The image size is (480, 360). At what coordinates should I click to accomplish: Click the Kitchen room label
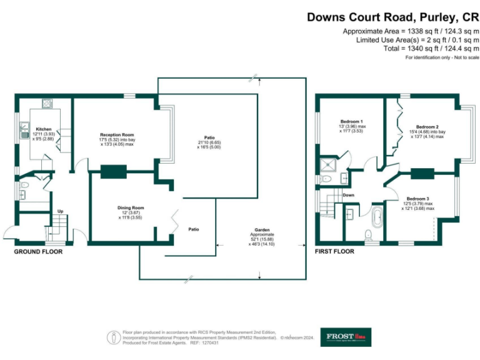coord(44,129)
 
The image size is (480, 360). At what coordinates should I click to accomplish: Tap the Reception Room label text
coord(117,134)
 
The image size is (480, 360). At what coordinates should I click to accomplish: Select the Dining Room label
coord(131,207)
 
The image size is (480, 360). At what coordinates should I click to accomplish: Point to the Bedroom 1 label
coord(352,121)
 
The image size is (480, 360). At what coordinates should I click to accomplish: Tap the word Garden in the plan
coord(261,229)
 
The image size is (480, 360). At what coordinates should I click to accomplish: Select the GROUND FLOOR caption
coord(38,252)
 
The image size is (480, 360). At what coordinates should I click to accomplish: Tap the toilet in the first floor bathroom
coord(368,234)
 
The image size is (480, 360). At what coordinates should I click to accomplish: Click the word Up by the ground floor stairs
coord(61,211)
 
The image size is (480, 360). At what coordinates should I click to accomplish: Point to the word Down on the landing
coord(349,195)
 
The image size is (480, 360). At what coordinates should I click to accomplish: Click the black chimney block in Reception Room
coord(113,171)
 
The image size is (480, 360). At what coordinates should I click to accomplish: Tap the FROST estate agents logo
coord(346,337)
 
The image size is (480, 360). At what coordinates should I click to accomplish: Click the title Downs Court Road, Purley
coord(392,18)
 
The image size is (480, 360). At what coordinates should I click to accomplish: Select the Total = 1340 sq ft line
coord(426,48)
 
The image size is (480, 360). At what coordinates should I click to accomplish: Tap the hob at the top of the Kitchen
coord(47,104)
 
